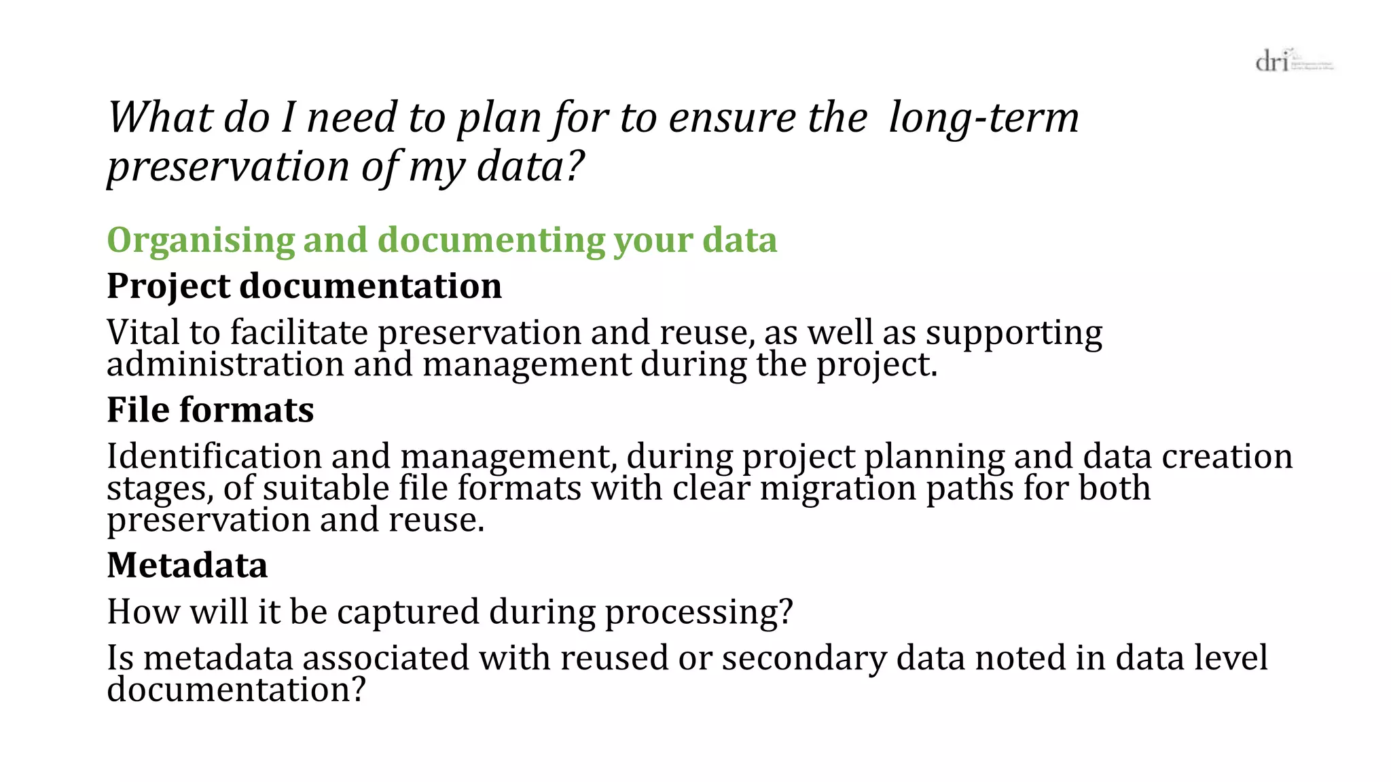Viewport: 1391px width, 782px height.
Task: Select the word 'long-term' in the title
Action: pos(983,117)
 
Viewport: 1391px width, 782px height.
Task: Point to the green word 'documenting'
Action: pos(490,242)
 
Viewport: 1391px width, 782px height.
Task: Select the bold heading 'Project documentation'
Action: pos(304,286)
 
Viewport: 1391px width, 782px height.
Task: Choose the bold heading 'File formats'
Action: pos(211,410)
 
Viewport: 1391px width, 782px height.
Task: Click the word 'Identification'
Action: pos(214,456)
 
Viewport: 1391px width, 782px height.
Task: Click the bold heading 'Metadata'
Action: pos(187,565)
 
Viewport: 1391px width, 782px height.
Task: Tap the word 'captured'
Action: pos(408,612)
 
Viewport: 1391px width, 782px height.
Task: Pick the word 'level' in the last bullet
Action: pos(1231,658)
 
